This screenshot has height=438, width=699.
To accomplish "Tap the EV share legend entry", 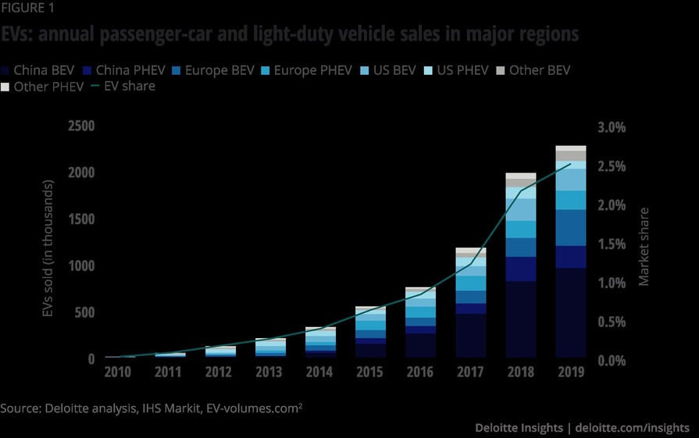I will pyautogui.click(x=123, y=86).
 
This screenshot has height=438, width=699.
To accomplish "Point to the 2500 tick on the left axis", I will pyautogui.click(x=81, y=126).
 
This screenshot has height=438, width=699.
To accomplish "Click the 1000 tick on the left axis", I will pyautogui.click(x=81, y=266).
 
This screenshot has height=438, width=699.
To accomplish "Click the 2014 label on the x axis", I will pyautogui.click(x=319, y=372).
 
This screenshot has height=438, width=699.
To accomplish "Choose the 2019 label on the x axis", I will pyautogui.click(x=570, y=372).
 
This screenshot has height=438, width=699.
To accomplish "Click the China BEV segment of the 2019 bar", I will pyautogui.click(x=570, y=312).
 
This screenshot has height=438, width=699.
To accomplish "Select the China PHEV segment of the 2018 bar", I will pyautogui.click(x=520, y=269).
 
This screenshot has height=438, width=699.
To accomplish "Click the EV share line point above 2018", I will pyautogui.click(x=521, y=191).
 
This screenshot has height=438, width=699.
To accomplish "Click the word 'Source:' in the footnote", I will pyautogui.click(x=20, y=408).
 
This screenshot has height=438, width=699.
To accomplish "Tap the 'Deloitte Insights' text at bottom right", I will pyautogui.click(x=519, y=428).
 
